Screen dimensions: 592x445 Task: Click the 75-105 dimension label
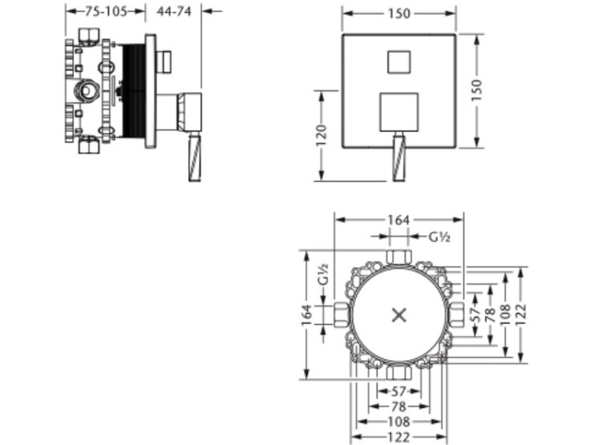click(106, 12)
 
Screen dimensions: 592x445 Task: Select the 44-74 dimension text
click(174, 12)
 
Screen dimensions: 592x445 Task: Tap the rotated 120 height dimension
click(321, 136)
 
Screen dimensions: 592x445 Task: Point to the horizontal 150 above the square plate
click(399, 13)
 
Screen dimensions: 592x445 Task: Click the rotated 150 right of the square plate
click(477, 90)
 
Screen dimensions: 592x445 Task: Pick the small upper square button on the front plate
click(399, 62)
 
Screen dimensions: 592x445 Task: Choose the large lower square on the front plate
click(399, 112)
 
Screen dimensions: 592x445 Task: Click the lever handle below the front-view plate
click(399, 157)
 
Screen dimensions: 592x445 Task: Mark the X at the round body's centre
click(399, 315)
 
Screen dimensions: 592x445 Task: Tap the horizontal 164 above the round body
click(399, 220)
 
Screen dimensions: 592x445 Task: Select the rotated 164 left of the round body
click(307, 315)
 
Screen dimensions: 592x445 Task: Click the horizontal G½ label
click(440, 237)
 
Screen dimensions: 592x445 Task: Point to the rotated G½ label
click(323, 274)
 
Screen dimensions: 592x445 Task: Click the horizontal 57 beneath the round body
click(399, 391)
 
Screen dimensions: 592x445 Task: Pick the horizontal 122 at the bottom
click(399, 437)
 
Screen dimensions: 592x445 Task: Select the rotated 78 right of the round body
click(489, 315)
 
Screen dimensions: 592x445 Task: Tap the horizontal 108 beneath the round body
click(399, 421)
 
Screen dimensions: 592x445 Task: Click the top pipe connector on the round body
click(399, 257)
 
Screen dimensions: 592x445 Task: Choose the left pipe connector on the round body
click(341, 315)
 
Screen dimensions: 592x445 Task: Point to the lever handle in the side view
click(195, 157)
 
